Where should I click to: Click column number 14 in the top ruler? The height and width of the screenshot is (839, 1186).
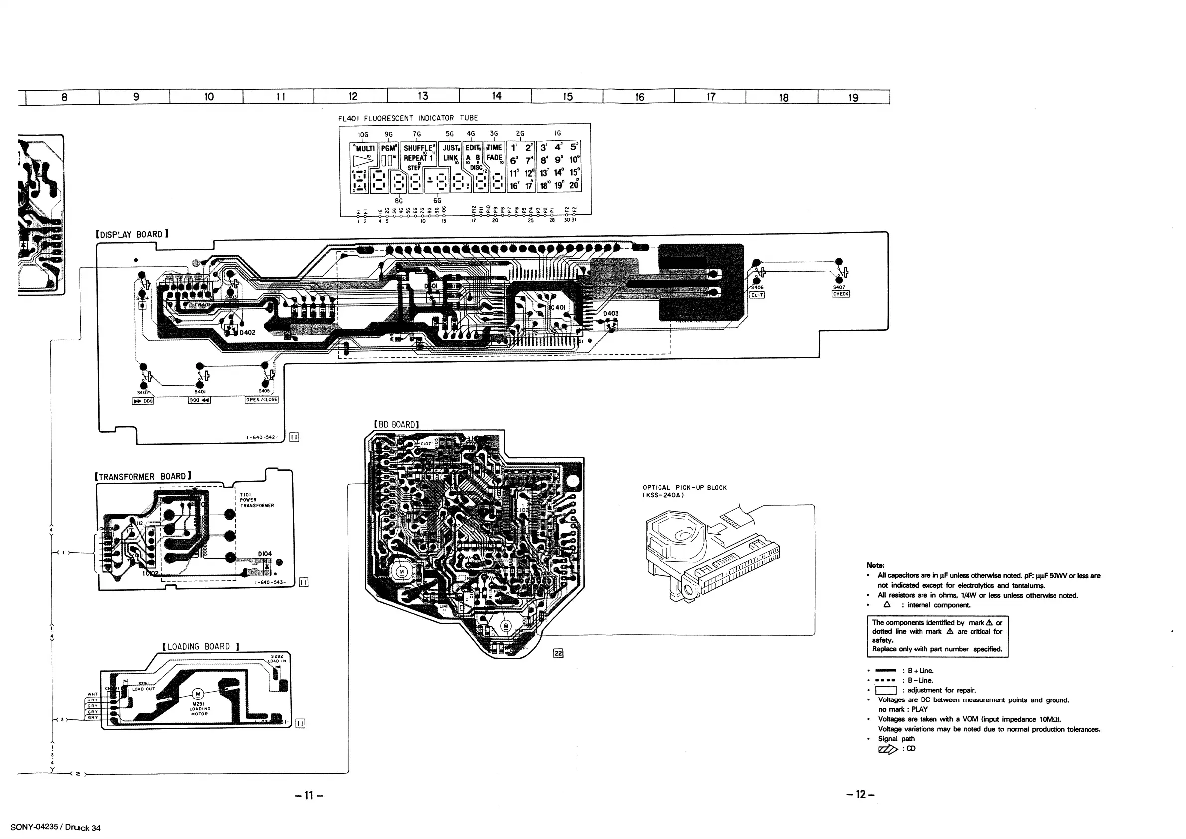coord(496,96)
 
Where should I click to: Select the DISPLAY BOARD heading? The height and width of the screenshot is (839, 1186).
coord(132,235)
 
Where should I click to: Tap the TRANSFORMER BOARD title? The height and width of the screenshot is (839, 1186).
coord(143,476)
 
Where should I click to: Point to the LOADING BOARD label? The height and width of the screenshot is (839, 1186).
coord(200,646)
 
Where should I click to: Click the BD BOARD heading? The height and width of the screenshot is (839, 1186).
coord(396,424)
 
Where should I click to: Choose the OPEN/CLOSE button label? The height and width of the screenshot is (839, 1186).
coord(262,400)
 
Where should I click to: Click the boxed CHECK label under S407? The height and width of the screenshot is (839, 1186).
coord(840,294)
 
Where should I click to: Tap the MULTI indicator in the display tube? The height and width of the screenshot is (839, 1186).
coord(364,149)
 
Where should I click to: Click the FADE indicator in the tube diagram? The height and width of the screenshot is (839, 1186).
coord(494,158)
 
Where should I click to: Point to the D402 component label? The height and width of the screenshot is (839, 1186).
coord(248,333)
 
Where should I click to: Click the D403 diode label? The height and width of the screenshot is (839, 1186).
coord(611,313)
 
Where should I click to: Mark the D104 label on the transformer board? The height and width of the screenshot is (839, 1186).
coord(264,554)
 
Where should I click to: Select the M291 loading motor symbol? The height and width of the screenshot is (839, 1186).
coord(198,694)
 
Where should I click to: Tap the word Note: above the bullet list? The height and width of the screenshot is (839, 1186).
coord(875,565)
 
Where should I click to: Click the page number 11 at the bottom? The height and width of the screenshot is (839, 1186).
coord(309,795)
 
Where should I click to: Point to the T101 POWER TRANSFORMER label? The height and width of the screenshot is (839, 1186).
coord(256,500)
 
